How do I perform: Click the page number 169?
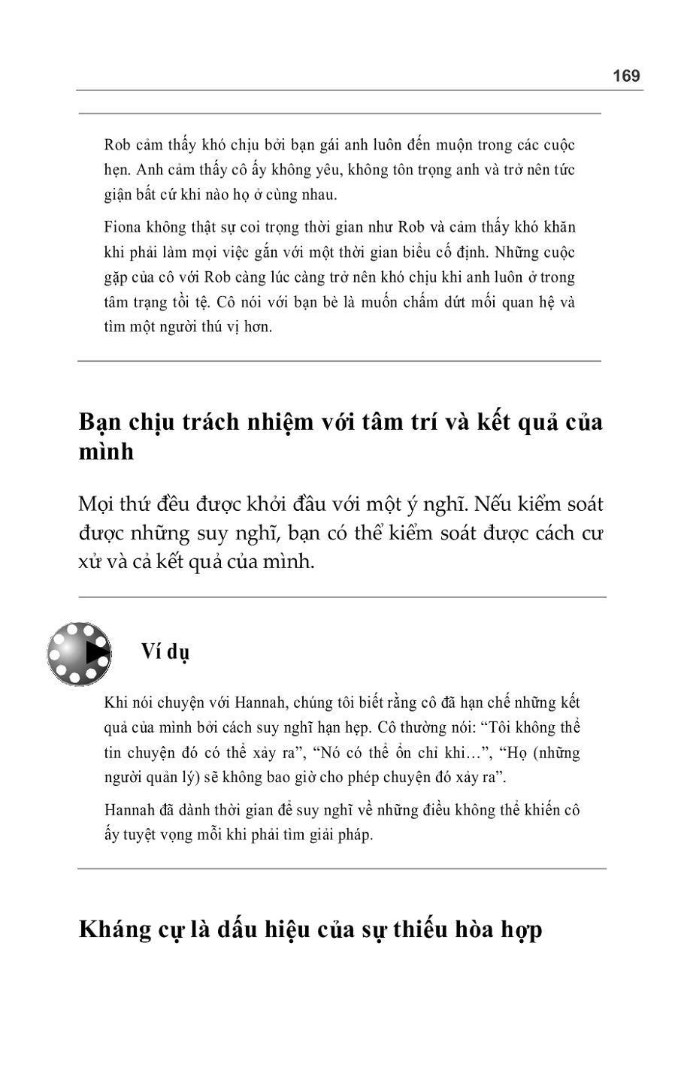tap(625, 76)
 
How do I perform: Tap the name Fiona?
tap(121, 227)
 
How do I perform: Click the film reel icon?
tap(79, 653)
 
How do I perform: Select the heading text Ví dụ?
tap(165, 651)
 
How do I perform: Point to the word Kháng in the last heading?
tap(111, 929)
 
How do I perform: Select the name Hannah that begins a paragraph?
tap(129, 810)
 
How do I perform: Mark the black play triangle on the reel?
tap(95, 652)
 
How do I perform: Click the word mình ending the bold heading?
tap(107, 452)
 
